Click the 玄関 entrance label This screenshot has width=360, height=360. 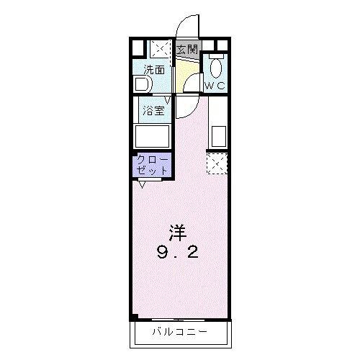point(187,50)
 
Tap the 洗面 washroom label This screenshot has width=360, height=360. point(154,70)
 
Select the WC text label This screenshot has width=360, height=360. point(215,86)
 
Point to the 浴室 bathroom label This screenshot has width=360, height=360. point(153,111)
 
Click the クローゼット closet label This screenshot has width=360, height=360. point(152,165)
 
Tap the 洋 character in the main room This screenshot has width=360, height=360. point(178,233)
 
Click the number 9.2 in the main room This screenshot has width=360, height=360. point(178,253)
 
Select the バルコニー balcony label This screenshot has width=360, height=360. point(180,332)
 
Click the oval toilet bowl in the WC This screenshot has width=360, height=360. point(216,68)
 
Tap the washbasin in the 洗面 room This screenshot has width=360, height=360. point(143,84)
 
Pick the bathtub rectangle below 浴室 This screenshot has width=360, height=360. point(152,136)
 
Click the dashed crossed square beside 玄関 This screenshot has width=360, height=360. point(161,49)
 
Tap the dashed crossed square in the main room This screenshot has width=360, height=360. point(217,163)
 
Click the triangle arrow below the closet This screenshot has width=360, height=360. point(142,184)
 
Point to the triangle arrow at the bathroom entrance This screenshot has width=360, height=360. point(168,99)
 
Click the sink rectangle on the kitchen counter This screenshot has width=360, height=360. point(219,136)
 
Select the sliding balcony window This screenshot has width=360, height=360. point(178,320)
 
